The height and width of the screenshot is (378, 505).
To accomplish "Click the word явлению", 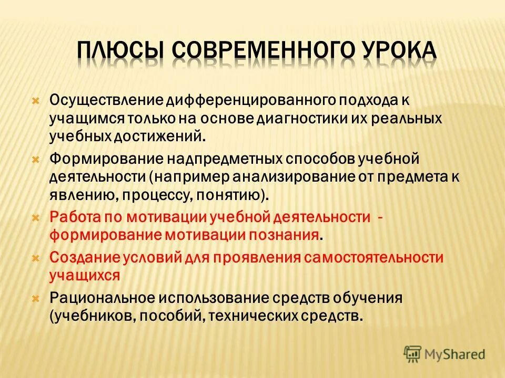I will [x=79, y=195].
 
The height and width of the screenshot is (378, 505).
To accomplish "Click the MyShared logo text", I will [x=455, y=354].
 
